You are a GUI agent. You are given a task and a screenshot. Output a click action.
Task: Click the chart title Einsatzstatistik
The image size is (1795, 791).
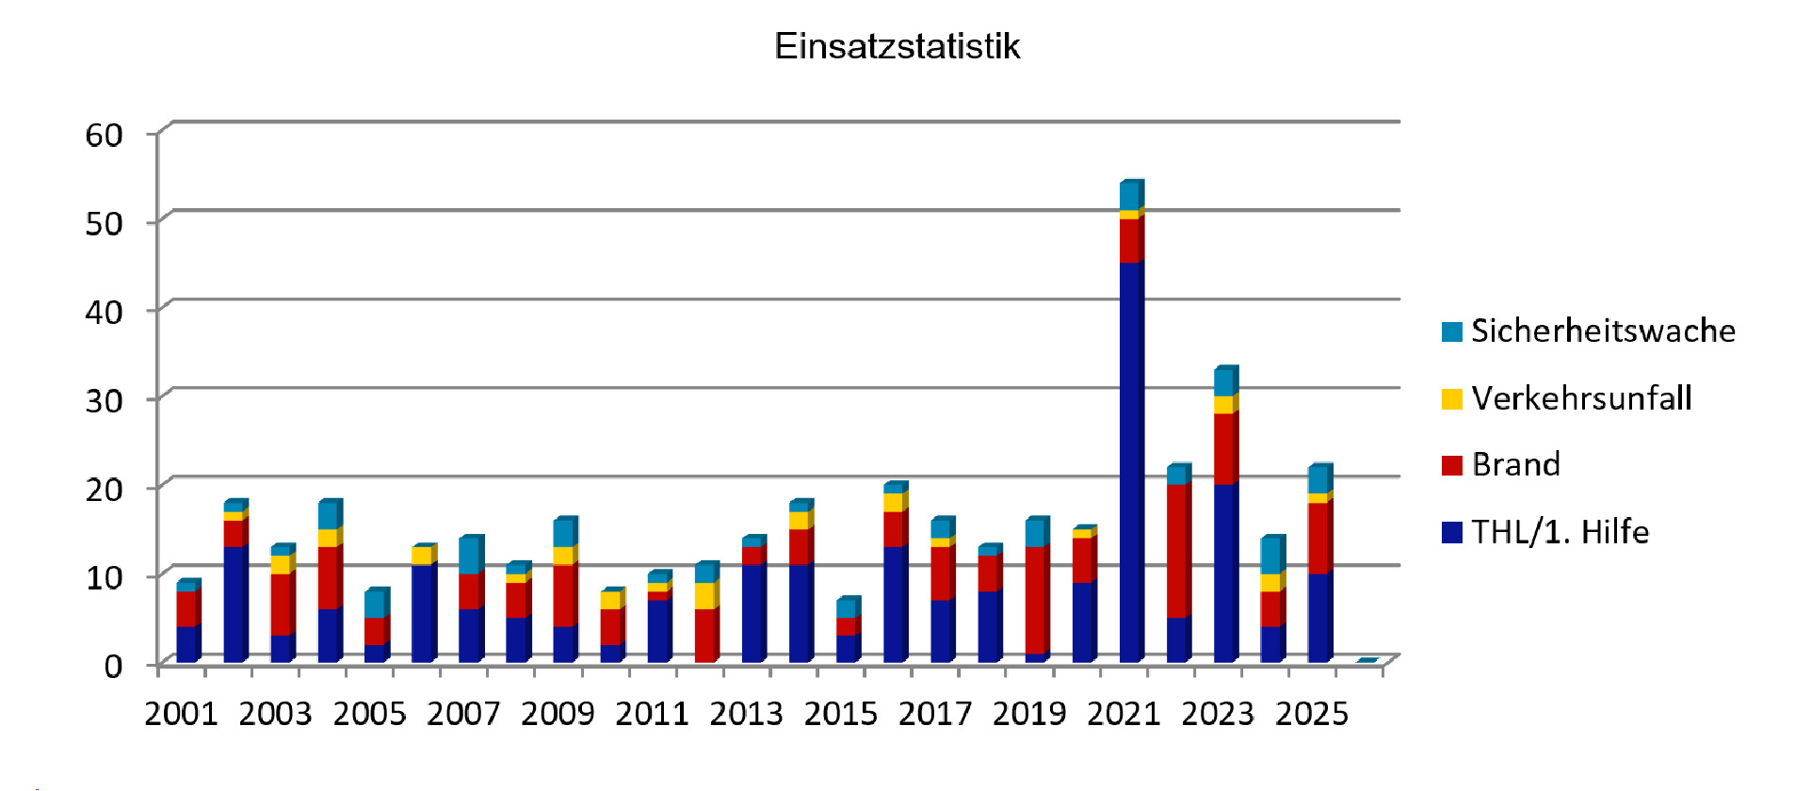tap(897, 46)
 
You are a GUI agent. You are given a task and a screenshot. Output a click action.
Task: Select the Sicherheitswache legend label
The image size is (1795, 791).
tap(1603, 331)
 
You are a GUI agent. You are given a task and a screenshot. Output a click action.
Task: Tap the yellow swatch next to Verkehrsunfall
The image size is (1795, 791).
tap(1451, 399)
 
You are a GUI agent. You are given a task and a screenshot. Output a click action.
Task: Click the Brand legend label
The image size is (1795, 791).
tap(1515, 465)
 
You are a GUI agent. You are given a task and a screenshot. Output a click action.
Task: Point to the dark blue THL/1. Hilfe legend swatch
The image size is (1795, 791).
tap(1451, 533)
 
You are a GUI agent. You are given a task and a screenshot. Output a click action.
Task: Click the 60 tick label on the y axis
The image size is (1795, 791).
tap(104, 136)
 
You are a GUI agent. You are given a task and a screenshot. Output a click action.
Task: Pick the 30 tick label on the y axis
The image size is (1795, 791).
tap(104, 401)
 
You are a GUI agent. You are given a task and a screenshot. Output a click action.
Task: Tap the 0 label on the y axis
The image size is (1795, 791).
tap(113, 667)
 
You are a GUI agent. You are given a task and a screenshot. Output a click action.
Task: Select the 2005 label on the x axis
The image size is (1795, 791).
tap(369, 714)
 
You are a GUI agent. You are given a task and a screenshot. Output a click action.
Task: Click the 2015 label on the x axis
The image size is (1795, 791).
tap(840, 714)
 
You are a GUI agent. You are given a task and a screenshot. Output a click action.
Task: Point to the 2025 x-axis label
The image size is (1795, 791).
tap(1312, 714)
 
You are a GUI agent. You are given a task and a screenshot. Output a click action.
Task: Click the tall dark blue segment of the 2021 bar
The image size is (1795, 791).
tap(1130, 461)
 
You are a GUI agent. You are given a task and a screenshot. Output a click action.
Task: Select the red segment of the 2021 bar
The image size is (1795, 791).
tap(1130, 241)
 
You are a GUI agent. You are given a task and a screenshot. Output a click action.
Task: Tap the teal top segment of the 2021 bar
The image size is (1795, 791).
tap(1130, 197)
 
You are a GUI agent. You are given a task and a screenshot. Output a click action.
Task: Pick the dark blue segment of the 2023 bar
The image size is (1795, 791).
tap(1224, 573)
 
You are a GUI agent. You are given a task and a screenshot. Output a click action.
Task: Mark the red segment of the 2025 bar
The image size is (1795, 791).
tap(1318, 538)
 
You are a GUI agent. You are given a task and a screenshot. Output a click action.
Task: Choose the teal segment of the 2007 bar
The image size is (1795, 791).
tap(470, 557)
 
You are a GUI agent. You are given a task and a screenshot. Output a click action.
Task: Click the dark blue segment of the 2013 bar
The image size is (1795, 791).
tap(752, 613)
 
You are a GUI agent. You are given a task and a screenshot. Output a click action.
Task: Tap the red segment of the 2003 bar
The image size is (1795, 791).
tap(281, 605)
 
